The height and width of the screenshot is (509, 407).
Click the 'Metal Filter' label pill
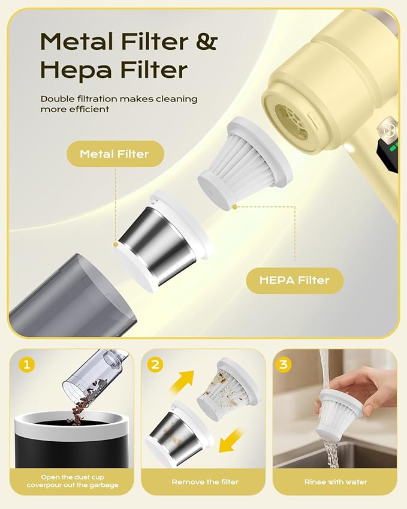115,154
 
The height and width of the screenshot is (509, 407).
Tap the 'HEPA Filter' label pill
294,281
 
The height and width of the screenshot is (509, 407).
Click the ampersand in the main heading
206,41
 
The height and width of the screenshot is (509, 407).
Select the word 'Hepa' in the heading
77,70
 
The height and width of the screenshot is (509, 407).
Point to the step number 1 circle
26,365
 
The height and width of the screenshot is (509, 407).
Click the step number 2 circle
155,365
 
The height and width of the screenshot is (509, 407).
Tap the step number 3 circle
284,365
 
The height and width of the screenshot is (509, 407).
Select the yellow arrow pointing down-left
231,441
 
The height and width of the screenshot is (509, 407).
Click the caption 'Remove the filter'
205,482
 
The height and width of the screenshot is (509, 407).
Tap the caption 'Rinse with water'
336,482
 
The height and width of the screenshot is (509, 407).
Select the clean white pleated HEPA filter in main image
246,165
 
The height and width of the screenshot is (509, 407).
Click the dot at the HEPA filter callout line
234,206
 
